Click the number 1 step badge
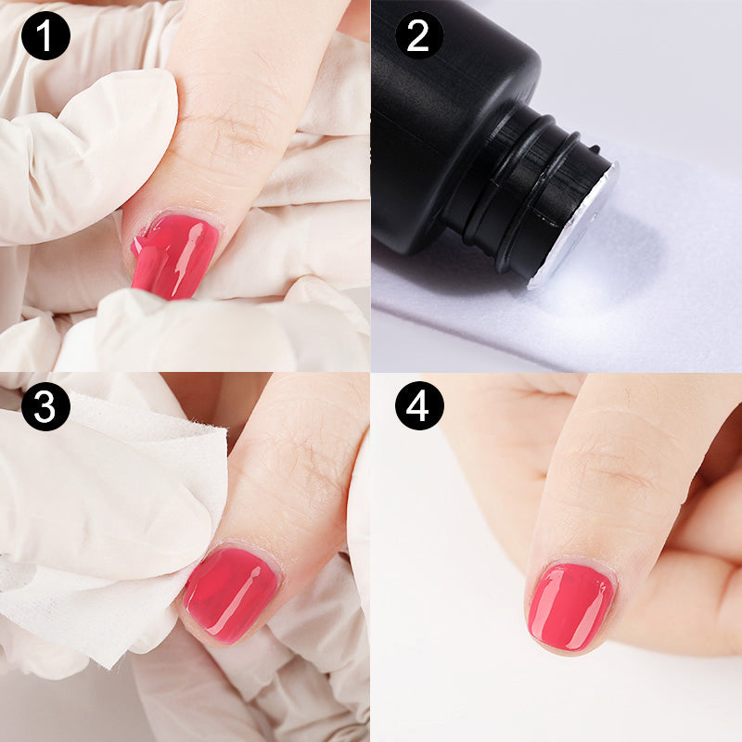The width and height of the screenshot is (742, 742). click(45, 35)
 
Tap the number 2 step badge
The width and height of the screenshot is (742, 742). click(419, 35)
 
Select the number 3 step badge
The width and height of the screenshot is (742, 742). click(45, 406)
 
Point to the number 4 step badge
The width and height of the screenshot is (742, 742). click(419, 406)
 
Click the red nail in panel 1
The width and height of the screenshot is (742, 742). click(177, 256)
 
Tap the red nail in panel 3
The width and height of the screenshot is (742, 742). click(232, 594)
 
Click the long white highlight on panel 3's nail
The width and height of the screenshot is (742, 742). click(244, 597)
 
